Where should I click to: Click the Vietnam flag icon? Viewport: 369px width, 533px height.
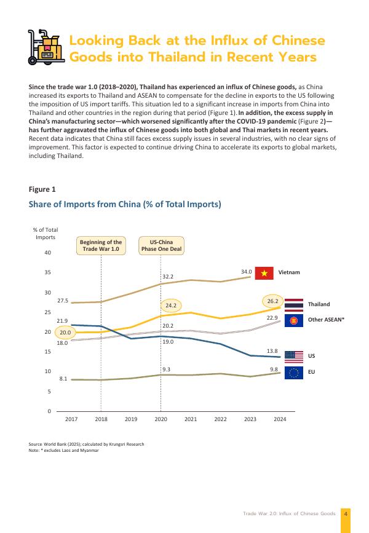pos(264,273)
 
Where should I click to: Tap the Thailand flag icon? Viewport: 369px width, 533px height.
pos(294,304)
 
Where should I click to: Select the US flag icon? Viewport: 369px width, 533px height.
pos(294,356)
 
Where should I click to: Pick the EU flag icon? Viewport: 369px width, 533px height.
pos(294,372)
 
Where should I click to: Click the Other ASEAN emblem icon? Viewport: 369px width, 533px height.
pos(294,320)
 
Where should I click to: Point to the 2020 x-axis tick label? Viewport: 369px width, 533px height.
pos(161,419)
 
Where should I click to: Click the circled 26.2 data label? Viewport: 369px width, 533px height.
pos(273,301)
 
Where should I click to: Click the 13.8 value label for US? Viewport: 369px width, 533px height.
pos(273,350)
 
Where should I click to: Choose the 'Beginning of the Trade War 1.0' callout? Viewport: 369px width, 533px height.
pos(101,246)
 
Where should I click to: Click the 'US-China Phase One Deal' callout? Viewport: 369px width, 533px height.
pos(161,246)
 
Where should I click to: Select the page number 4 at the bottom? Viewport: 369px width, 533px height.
pos(346,513)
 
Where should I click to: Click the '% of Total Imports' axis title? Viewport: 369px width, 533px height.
pos(46,233)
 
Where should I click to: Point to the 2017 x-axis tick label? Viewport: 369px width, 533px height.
pos(71,419)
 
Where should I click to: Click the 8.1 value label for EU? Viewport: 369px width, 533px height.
pos(63,379)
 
